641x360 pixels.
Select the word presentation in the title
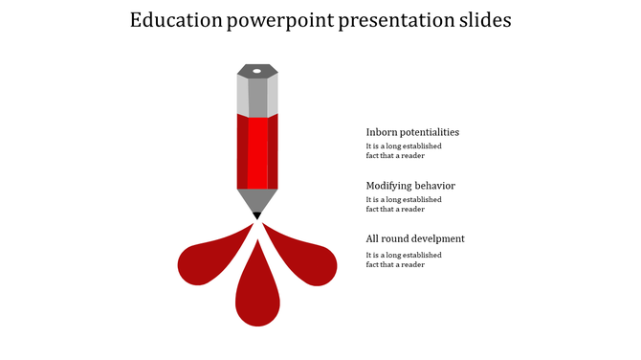397,21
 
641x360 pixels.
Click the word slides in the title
485,21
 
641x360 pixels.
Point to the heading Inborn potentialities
412,132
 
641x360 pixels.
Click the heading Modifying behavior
410,186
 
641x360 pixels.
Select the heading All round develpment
415,238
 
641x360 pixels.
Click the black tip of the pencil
257,216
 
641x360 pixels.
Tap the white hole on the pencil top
257,70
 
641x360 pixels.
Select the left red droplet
206,260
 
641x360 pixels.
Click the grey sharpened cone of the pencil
257,200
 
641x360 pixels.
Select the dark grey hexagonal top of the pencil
257,71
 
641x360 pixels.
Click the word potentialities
428,132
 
